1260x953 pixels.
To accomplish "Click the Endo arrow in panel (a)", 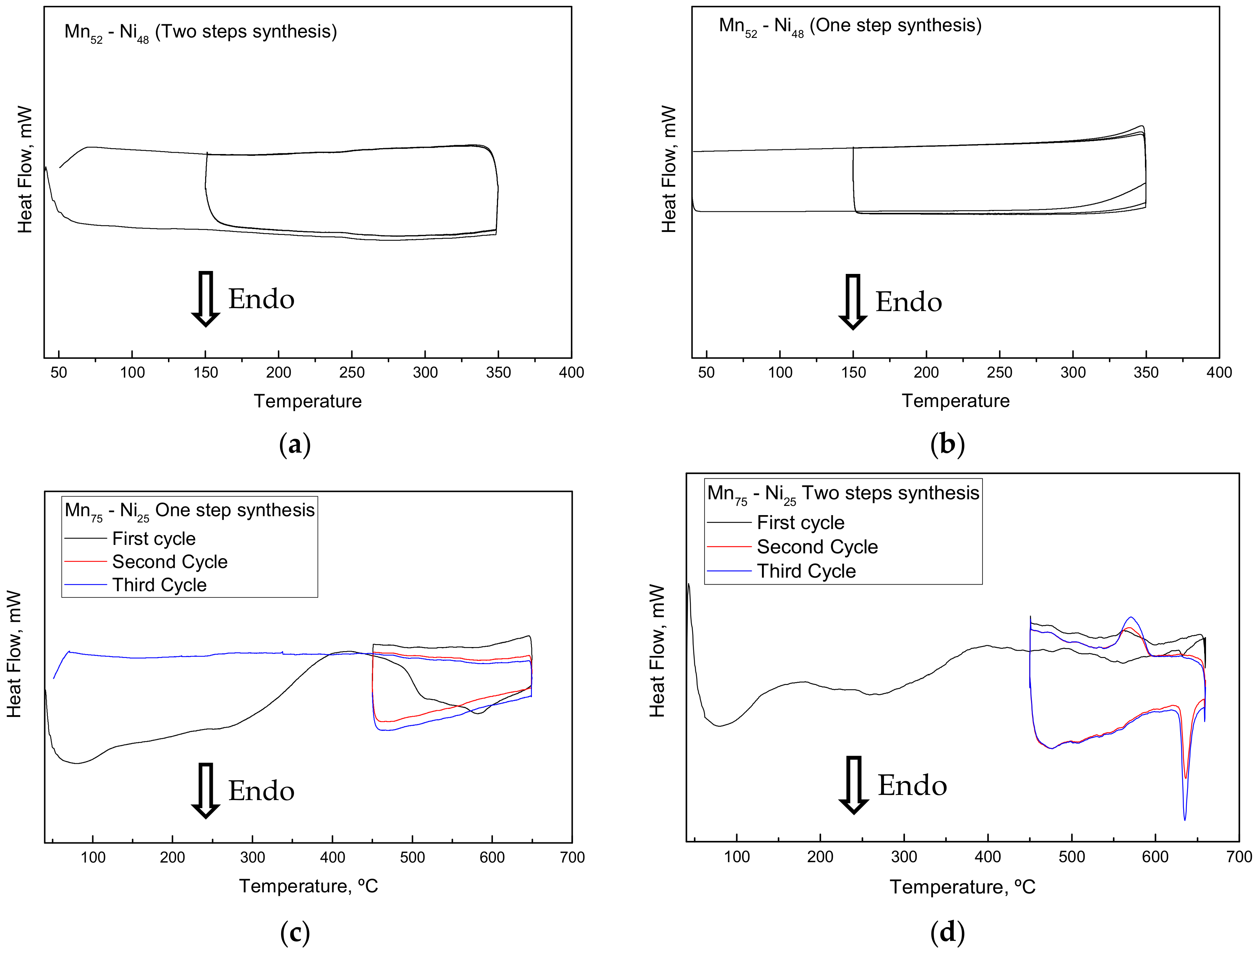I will point(205,299).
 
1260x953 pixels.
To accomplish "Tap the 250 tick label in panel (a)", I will point(351,372).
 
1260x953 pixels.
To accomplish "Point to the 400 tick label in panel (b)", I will point(1218,372).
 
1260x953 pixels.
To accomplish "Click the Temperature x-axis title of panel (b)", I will point(955,401).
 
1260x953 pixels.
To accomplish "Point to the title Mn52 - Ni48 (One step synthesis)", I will point(850,26).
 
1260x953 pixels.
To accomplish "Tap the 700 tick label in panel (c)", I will point(572,857).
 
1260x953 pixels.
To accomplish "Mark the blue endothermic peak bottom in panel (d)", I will point(1185,819).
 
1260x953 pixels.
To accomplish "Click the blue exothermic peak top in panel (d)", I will point(1130,617).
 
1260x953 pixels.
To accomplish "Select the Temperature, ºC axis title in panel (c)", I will point(308,886).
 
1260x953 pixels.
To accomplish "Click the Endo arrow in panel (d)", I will point(853,785).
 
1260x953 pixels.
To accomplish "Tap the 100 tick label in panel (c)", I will point(93,857).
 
